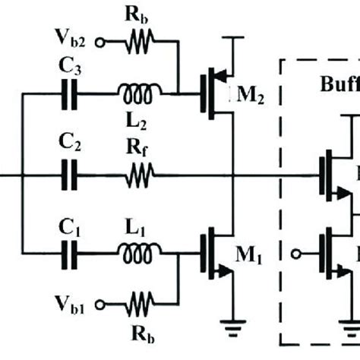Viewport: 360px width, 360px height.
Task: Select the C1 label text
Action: click(x=71, y=225)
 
